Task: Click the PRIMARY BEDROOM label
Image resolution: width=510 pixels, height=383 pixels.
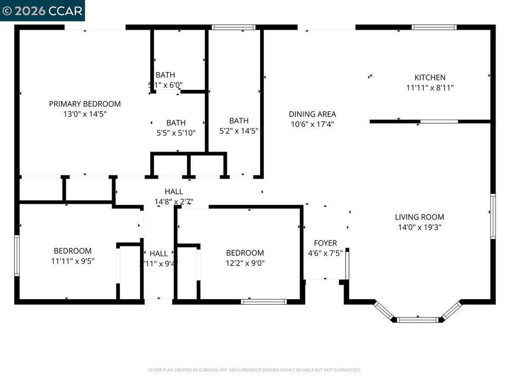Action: (x=85, y=104)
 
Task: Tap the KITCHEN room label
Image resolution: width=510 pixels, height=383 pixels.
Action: (x=430, y=77)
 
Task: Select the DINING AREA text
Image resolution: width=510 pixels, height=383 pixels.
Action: (x=313, y=114)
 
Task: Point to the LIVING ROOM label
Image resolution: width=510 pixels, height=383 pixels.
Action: (x=419, y=217)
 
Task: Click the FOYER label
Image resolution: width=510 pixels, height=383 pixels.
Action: (x=325, y=243)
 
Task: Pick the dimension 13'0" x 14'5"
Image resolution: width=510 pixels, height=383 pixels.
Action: (x=85, y=114)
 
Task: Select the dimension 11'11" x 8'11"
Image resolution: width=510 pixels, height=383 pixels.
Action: (x=430, y=87)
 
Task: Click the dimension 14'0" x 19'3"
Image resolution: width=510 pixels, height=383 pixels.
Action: (x=419, y=227)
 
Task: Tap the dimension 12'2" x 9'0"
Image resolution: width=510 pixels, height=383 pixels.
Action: (x=245, y=263)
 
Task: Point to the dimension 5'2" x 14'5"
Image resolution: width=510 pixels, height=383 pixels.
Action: (x=239, y=131)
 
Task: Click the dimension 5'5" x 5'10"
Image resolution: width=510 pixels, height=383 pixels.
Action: (x=176, y=133)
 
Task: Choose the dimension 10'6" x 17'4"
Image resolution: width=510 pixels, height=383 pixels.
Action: (x=313, y=124)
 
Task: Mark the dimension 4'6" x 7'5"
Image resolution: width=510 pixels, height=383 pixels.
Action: (x=325, y=253)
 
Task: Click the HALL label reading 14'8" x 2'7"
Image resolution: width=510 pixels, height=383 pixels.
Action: (x=174, y=191)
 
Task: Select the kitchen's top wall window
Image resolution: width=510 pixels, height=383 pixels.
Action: (x=434, y=27)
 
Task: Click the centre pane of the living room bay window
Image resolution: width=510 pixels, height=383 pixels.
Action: (x=417, y=320)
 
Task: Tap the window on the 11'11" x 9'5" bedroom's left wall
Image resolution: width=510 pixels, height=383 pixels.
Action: (x=16, y=255)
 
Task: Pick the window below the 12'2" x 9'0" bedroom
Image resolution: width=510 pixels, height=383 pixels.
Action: (x=263, y=301)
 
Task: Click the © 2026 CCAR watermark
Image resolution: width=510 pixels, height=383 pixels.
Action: (x=42, y=10)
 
